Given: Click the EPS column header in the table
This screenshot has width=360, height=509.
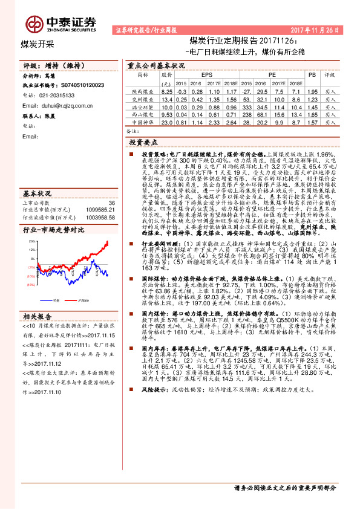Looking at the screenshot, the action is (198, 74).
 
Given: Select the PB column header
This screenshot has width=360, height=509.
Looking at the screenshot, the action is (312, 74).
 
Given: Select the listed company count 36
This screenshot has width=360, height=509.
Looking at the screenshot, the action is (110, 203).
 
